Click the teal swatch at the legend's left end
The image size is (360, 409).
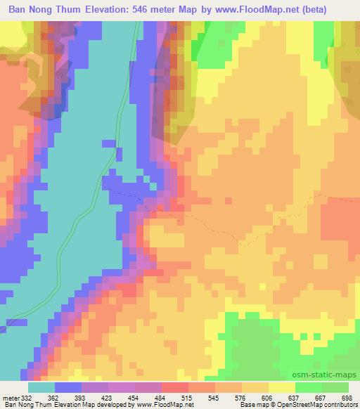point(41,387)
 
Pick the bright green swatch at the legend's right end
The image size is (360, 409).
point(335,387)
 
